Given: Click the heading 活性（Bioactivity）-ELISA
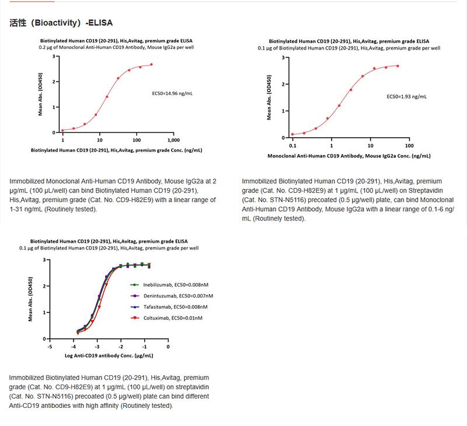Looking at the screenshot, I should tap(61, 23).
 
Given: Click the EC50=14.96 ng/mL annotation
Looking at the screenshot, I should tap(174, 92).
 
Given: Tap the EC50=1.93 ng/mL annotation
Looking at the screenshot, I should tap(407, 96).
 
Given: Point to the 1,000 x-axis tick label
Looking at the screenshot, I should tap(173, 141).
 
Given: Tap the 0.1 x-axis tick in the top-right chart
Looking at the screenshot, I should tap(292, 145).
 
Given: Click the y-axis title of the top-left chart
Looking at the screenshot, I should tap(40, 94).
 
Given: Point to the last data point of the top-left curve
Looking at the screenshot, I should tap(151, 65).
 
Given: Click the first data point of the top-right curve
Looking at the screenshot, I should tap(293, 134).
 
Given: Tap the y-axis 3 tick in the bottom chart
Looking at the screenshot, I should tap(46, 259).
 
